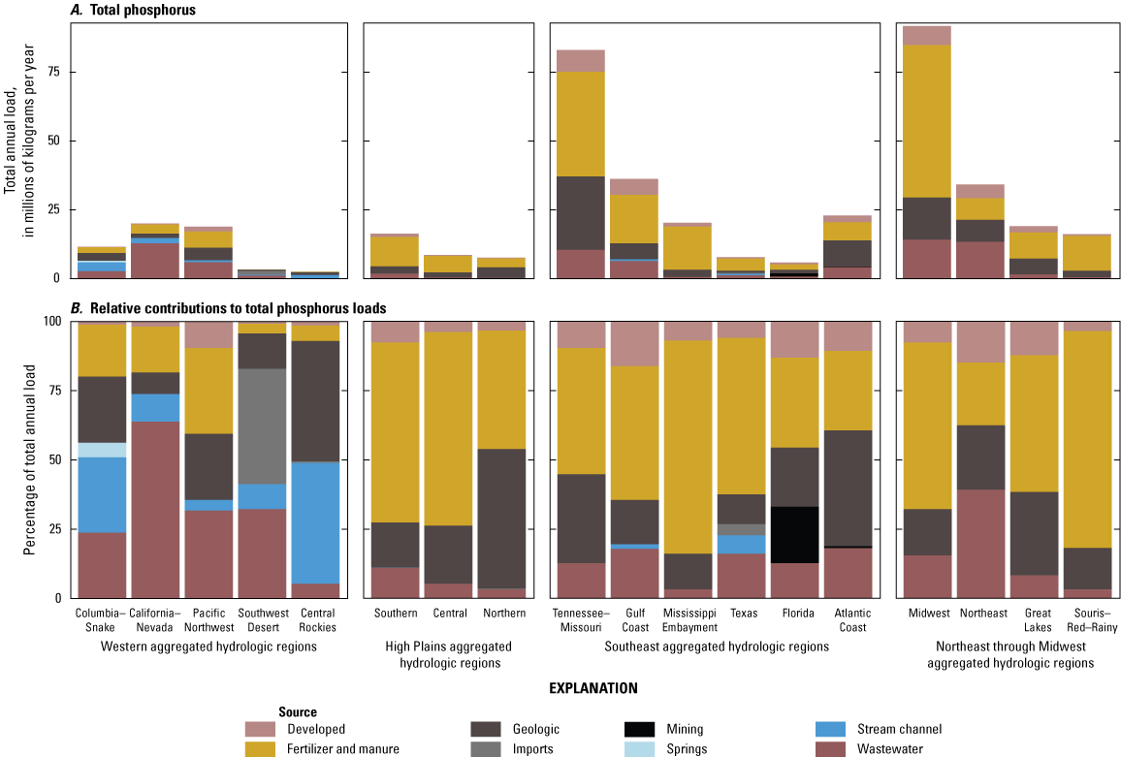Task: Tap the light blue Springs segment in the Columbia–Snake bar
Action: (102, 450)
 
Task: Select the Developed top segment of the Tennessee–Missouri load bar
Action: (580, 60)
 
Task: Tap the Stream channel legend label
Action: (898, 729)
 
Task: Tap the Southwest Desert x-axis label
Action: (262, 619)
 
